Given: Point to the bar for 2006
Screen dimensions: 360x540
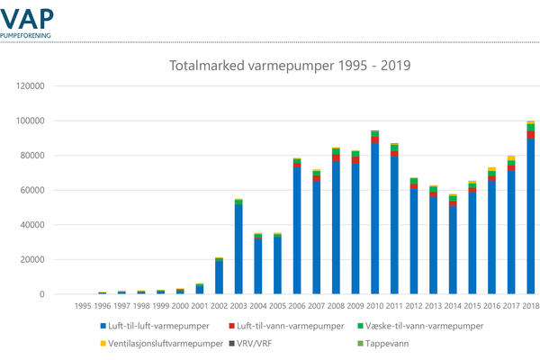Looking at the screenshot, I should pos(297,227).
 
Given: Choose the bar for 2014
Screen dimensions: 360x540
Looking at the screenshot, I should pos(453,246).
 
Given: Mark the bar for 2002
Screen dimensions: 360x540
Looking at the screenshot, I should pos(219,276).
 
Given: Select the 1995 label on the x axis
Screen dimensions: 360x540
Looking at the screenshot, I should pos(83,306).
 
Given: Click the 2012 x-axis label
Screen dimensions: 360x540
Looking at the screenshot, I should pos(414,306).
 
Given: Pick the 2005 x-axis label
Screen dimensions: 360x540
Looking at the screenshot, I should pos(277,306).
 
